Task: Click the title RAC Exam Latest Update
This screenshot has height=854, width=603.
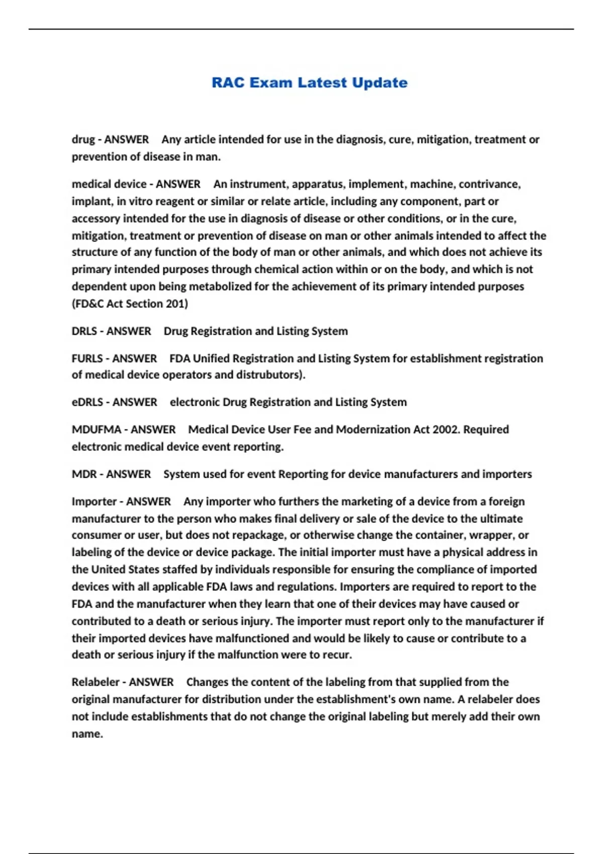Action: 309,82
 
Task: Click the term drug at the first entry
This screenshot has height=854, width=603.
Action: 83,139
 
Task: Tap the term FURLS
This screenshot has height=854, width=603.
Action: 87,358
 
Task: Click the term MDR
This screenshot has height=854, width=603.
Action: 84,474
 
